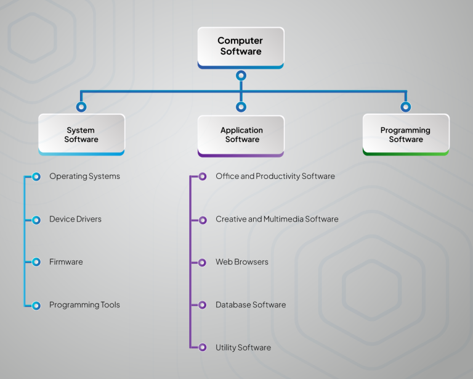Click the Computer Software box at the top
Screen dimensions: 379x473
pos(241,47)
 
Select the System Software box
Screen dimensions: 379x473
pos(81,135)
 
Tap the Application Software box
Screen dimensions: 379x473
pos(241,135)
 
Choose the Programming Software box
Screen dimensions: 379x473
pos(405,135)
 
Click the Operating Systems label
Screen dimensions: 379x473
pos(84,177)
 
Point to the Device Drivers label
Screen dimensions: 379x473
pos(75,219)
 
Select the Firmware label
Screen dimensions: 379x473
pos(66,262)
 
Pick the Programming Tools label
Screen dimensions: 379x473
pos(84,305)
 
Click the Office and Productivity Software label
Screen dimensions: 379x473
pos(275,177)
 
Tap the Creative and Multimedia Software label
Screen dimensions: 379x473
pos(277,219)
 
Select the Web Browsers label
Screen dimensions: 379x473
pos(241,262)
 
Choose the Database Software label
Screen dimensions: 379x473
pos(250,305)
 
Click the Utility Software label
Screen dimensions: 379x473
pos(243,348)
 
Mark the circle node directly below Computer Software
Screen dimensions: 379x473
pos(241,75)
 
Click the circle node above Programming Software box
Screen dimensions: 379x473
pos(405,107)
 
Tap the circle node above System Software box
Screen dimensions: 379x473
pos(81,107)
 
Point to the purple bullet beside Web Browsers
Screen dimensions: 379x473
pos(203,262)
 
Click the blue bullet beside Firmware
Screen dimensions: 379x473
pos(36,262)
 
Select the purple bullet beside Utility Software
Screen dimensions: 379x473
pos(203,348)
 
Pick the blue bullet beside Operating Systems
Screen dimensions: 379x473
pos(36,177)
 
